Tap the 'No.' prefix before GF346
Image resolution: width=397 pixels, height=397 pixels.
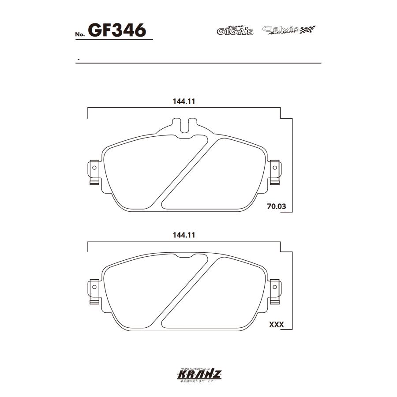click(81, 34)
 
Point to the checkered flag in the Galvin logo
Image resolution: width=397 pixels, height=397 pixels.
click(307, 30)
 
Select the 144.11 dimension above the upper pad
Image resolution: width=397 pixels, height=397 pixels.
click(184, 101)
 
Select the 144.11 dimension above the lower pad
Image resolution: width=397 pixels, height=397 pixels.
click(184, 236)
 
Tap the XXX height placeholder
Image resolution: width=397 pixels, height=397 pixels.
click(276, 325)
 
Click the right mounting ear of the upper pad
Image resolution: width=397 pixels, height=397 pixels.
click(274, 172)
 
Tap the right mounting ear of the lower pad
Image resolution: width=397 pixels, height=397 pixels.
click(274, 291)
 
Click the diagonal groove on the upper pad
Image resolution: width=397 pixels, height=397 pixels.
click(185, 172)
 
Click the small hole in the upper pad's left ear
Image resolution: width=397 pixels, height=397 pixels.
click(94, 168)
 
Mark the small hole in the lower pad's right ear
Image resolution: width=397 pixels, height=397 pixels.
click(274, 287)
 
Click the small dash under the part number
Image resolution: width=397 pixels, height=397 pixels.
click(78, 59)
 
